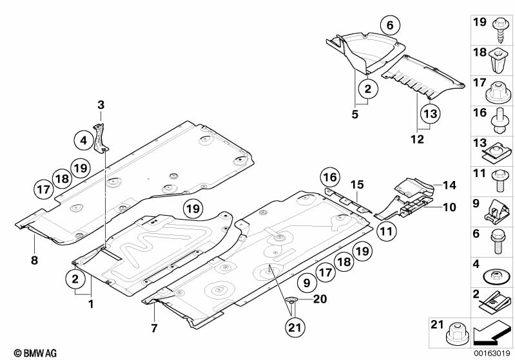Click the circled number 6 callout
pyautogui.click(x=389, y=26)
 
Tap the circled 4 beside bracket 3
pyautogui.click(x=83, y=138)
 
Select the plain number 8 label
pyautogui.click(x=35, y=260)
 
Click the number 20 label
pyautogui.click(x=320, y=298)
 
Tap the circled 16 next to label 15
pyautogui.click(x=330, y=176)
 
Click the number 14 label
pyautogui.click(x=449, y=185)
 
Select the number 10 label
pyautogui.click(x=449, y=207)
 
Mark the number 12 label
pyautogui.click(x=418, y=137)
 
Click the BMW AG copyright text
pyautogui.click(x=31, y=352)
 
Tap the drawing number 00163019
pyautogui.click(x=492, y=352)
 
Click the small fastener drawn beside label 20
pyautogui.click(x=291, y=299)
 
